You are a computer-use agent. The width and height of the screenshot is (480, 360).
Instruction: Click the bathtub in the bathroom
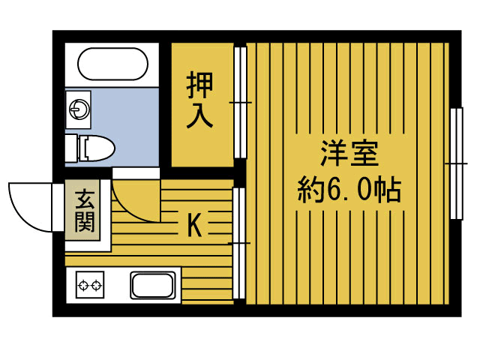[112, 65]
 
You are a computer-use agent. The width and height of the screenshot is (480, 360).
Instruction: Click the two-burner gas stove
[90, 286]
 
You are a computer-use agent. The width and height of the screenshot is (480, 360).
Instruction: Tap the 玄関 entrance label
[84, 211]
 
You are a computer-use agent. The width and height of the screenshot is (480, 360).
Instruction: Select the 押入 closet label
[201, 100]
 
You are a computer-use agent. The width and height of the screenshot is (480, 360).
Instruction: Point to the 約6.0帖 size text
[349, 190]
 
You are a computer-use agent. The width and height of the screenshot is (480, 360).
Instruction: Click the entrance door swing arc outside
[30, 206]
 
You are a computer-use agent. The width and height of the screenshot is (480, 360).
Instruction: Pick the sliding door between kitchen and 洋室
[239, 243]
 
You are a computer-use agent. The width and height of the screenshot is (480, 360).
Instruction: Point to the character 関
[84, 223]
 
